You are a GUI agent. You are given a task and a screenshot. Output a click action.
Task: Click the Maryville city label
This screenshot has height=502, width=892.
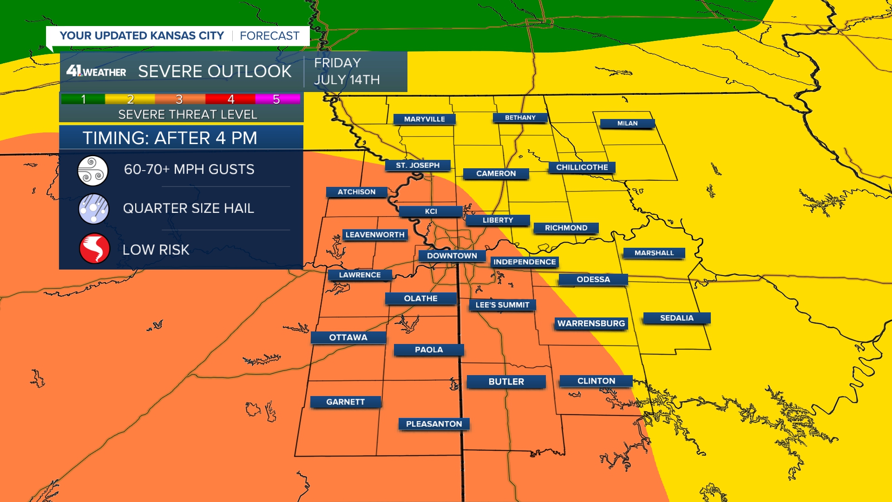[424, 119]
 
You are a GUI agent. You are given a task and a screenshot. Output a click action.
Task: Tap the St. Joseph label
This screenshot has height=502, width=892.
[418, 165]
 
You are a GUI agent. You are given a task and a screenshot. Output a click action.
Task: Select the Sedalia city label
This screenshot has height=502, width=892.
[676, 318]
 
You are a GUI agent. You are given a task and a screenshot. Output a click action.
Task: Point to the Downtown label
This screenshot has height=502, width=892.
[452, 256]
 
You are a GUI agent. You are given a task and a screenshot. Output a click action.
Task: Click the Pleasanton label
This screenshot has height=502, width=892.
[434, 424]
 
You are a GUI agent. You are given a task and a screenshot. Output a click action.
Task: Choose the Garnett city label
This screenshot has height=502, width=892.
[345, 402]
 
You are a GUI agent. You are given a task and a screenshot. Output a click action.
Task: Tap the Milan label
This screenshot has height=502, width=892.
[627, 124]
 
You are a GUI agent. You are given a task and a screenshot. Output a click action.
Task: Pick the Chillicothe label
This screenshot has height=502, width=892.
[582, 167]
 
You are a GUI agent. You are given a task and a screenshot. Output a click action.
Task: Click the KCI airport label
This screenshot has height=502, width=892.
[431, 211]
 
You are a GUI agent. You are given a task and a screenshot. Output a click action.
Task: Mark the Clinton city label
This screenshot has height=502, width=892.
[596, 381]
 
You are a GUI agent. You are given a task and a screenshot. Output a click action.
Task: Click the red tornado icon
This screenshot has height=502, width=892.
[94, 248]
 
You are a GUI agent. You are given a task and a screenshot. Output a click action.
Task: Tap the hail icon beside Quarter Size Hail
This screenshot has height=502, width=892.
[93, 209]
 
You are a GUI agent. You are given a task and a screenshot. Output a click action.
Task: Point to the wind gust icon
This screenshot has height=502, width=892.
[93, 171]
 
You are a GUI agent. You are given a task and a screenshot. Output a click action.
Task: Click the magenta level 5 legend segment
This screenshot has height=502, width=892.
[277, 99]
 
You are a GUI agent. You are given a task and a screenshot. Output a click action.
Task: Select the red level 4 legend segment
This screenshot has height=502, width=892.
[230, 99]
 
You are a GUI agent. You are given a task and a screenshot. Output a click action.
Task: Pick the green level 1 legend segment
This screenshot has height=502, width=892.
[83, 99]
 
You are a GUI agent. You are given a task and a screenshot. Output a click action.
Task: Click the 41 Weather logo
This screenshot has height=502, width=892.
[96, 72]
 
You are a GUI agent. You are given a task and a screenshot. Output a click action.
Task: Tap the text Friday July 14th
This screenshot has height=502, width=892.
[347, 72]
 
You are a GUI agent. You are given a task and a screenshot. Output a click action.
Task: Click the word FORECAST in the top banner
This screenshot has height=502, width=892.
[269, 36]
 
